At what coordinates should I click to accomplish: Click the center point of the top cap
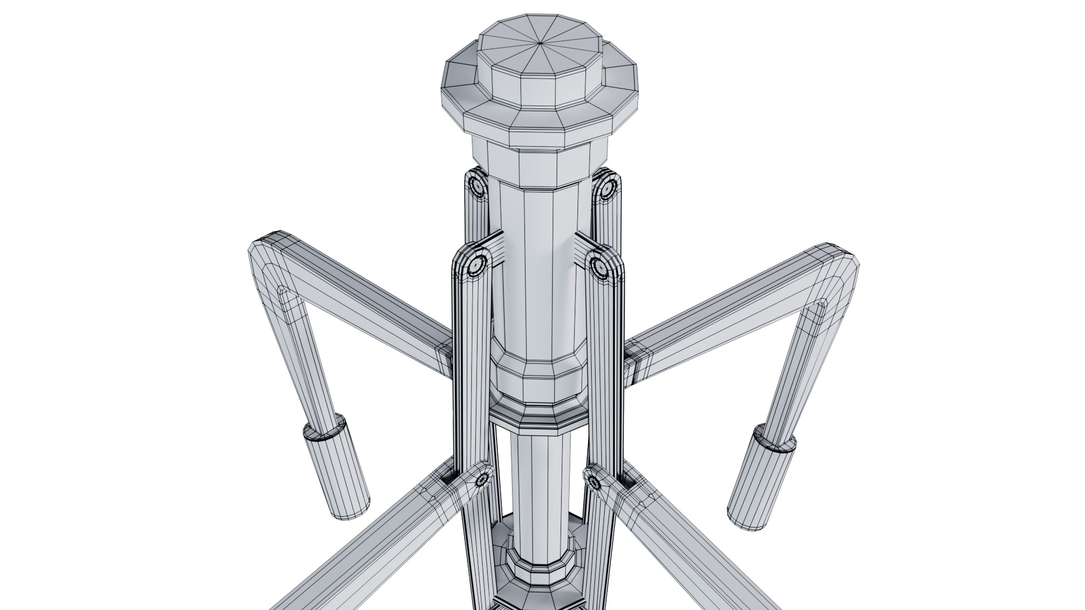(x=541, y=42)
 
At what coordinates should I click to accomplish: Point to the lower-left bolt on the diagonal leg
(x=482, y=481)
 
